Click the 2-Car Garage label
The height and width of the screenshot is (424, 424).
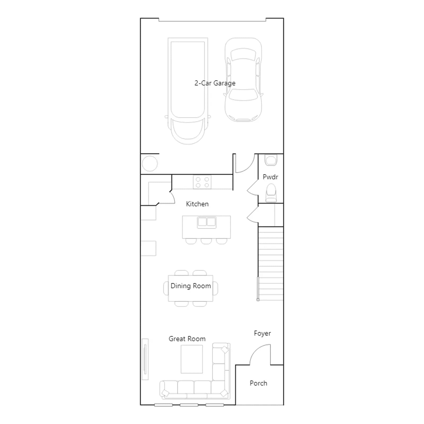(215, 83)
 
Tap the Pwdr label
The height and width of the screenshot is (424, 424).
(270, 177)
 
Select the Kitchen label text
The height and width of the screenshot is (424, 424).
(197, 204)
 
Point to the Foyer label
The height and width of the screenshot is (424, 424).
(262, 333)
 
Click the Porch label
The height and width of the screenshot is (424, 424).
(258, 383)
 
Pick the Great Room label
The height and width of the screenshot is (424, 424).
(187, 339)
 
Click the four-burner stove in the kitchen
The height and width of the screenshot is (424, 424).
(202, 182)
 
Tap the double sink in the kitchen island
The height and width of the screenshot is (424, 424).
(207, 222)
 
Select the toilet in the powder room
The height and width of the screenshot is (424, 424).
(271, 193)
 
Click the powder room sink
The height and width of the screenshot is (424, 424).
(271, 160)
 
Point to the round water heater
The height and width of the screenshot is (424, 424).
(150, 164)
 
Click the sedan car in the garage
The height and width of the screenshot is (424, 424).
(243, 80)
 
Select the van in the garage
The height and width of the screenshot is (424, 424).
(188, 91)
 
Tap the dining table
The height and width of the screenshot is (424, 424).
(191, 288)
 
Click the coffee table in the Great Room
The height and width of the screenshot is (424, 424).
(192, 359)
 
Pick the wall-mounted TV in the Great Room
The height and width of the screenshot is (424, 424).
(145, 359)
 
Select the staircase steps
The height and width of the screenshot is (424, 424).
(271, 264)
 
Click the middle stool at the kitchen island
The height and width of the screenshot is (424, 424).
(206, 241)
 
